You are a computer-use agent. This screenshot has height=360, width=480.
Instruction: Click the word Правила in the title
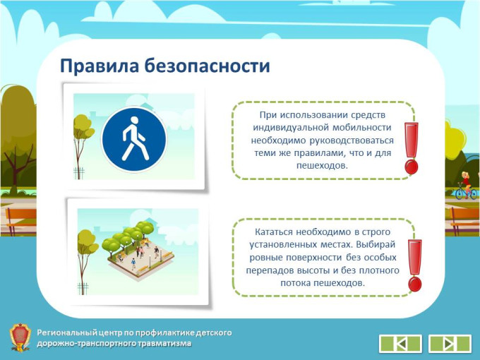pos(100,66)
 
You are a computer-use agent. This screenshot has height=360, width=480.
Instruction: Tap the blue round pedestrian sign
pos(134,140)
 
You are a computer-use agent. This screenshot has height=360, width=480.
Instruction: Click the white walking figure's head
pos(134,121)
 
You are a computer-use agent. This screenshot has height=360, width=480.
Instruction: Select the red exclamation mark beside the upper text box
pos(411,148)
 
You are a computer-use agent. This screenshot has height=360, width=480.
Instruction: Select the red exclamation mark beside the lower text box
pos(415,265)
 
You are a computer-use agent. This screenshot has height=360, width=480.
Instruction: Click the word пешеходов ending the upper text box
pos(322,166)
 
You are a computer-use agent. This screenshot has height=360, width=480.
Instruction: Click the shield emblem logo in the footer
pos(20,337)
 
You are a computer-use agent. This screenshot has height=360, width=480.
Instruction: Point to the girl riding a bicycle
pos(466,186)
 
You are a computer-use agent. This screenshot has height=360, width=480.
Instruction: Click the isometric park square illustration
pos(138,248)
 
